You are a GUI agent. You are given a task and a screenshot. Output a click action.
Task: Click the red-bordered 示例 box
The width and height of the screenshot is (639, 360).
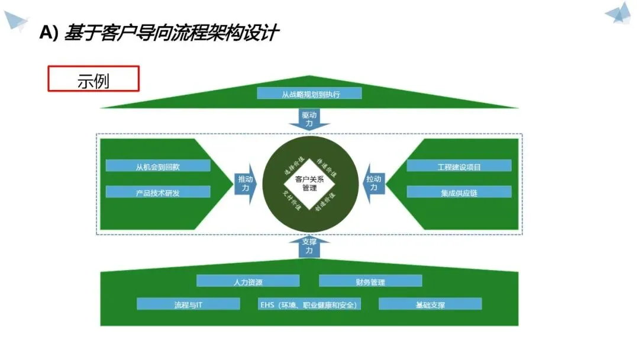(x=93, y=79)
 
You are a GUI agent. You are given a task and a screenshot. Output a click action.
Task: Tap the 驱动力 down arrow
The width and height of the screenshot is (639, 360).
(x=309, y=119)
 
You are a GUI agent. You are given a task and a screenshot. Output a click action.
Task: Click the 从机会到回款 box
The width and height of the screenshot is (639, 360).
(x=158, y=166)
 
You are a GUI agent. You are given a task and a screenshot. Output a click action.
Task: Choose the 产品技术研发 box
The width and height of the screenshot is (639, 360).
(x=158, y=192)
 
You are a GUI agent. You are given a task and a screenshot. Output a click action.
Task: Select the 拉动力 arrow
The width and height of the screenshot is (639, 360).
(x=373, y=184)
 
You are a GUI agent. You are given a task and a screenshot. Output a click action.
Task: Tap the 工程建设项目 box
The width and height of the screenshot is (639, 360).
(x=459, y=166)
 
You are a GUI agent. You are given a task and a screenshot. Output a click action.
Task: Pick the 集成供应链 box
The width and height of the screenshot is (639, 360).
(x=459, y=192)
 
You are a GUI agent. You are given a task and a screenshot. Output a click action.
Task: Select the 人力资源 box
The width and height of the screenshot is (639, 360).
(x=248, y=281)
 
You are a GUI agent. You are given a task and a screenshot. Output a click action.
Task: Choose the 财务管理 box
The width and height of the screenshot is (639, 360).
(x=370, y=281)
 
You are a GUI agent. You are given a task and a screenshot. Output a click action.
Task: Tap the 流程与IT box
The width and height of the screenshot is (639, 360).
(x=188, y=304)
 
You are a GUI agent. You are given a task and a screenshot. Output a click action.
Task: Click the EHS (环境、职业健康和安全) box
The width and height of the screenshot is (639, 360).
(x=310, y=304)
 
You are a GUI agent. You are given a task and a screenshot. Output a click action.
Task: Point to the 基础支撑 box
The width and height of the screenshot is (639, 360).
(x=430, y=304)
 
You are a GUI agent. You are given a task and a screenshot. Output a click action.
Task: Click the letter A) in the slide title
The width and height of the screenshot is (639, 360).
(x=49, y=33)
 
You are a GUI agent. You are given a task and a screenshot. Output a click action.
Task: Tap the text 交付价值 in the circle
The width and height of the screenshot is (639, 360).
(x=292, y=201)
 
